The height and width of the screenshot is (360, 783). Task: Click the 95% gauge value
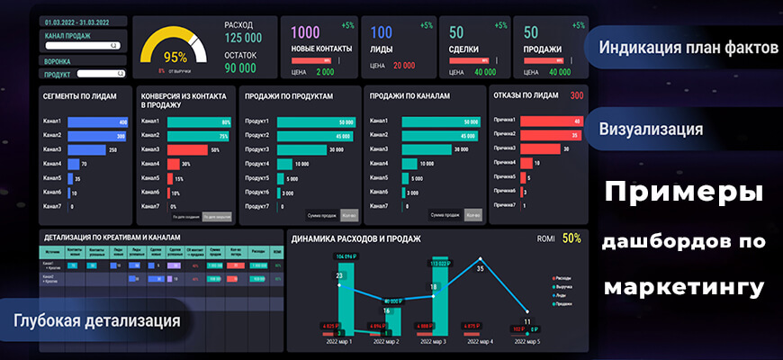(175, 57)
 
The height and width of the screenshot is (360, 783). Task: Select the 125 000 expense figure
(243, 38)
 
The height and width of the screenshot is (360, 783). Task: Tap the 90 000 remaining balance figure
(240, 67)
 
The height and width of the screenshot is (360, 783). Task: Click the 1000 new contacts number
(306, 33)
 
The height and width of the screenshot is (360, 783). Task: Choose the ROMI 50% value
(571, 238)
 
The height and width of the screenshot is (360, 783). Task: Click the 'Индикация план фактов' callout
(688, 48)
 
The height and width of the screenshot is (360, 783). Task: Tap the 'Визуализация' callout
(651, 129)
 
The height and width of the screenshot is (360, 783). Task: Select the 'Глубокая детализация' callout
(97, 320)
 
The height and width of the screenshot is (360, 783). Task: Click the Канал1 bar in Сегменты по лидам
(98, 122)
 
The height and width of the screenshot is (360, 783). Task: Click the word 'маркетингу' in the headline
(684, 288)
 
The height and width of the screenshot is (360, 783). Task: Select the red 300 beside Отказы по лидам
(577, 94)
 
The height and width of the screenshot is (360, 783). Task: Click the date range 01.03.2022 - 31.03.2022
(76, 20)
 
